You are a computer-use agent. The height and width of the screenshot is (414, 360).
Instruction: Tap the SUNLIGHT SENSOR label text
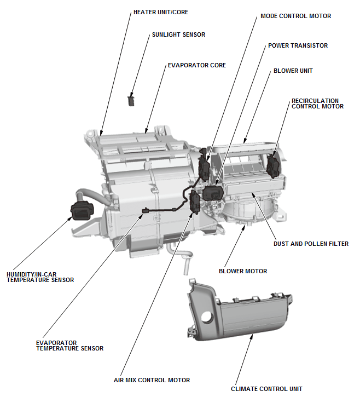coord(178,34)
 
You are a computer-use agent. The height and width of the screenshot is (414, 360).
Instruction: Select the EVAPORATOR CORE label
coord(196,65)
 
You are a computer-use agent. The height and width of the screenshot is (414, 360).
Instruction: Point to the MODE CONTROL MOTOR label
coord(295,16)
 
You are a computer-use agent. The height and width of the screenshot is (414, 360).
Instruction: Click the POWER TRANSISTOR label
coord(298,45)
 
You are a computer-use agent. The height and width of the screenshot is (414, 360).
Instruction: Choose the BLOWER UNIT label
coord(293,71)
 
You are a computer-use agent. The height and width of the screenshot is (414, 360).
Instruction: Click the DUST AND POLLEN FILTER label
coord(311,244)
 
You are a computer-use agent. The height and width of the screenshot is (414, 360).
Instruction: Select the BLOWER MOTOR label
coord(243,271)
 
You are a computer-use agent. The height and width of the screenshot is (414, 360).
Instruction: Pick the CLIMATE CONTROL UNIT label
coord(266,389)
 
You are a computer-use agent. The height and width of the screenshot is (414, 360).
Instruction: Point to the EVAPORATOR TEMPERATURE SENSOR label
coord(69,345)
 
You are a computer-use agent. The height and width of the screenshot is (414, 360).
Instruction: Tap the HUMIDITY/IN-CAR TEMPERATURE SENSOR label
coord(40,277)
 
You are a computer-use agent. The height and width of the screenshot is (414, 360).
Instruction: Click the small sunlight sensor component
coord(131,100)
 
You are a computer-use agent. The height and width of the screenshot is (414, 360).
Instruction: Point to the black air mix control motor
coord(194,202)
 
